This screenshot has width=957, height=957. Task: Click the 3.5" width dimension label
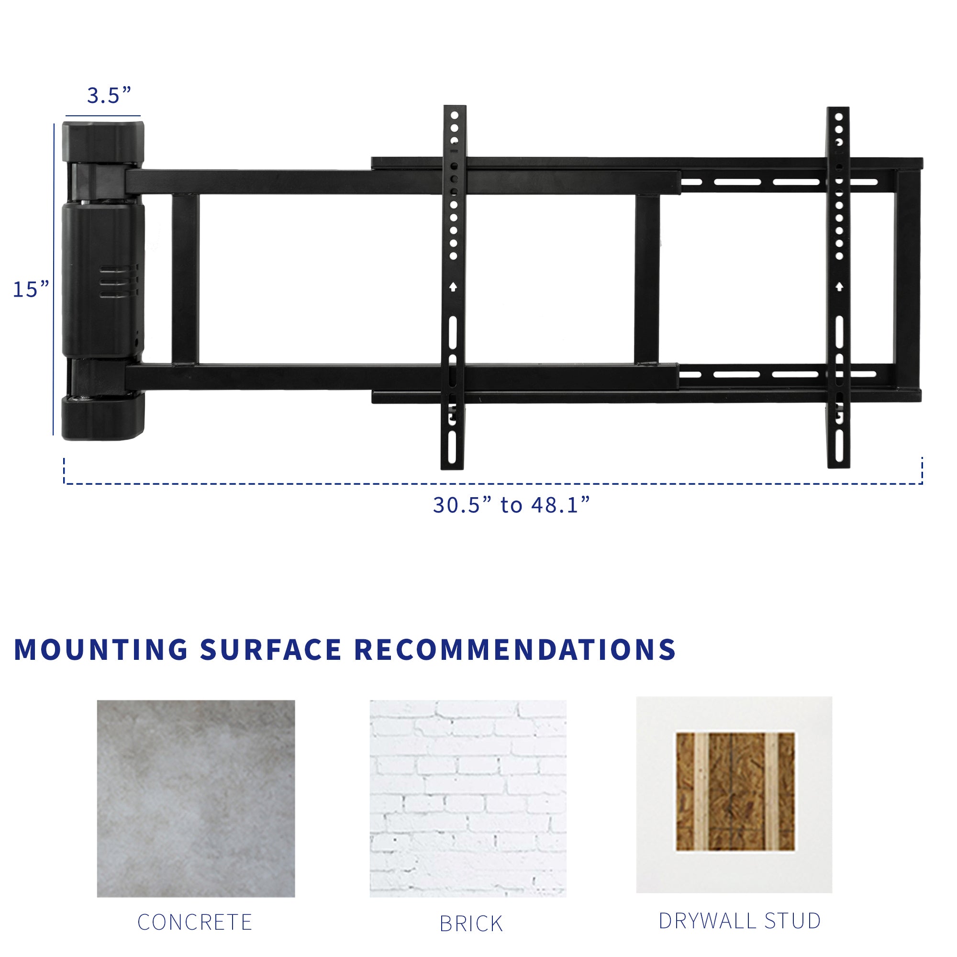[109, 95]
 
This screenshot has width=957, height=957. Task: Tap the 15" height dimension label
[31, 289]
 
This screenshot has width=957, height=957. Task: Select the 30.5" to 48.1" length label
[511, 505]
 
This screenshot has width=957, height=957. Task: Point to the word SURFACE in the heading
[271, 650]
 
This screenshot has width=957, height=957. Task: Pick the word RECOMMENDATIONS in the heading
[515, 650]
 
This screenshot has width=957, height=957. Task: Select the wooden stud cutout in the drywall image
[735, 791]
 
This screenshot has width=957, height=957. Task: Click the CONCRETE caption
[195, 923]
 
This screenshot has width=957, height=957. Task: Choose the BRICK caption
[471, 924]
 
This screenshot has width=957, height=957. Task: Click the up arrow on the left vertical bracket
[453, 287]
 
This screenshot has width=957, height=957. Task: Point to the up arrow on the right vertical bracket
[839, 287]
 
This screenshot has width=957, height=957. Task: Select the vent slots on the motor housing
[119, 282]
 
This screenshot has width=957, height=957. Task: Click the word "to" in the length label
[511, 505]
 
